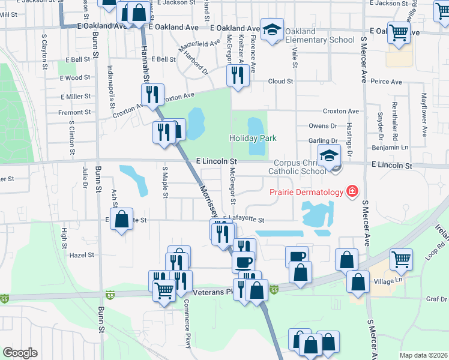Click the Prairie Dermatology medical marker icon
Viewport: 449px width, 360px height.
352,192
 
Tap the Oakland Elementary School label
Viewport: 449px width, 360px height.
311,36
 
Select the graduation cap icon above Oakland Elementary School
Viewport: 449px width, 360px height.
272,29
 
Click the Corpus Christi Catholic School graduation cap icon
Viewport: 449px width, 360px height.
329,156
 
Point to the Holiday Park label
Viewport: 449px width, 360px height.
253,138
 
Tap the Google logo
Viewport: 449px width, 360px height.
19,353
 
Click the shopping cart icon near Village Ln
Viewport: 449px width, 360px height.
401,259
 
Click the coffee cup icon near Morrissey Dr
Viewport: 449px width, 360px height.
244,262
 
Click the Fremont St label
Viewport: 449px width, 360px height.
74,112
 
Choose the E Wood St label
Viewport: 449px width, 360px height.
74,78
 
